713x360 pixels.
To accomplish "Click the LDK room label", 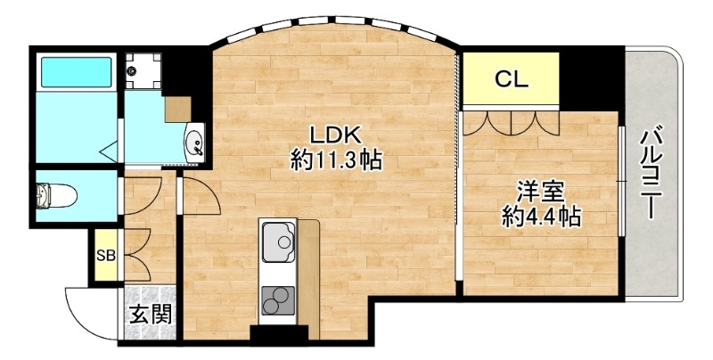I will tap(334, 135).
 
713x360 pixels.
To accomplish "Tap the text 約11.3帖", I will tap(336, 161).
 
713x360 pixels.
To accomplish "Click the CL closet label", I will tap(512, 78).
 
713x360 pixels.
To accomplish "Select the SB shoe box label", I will tap(106, 257).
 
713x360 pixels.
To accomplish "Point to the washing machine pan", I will tap(142, 69).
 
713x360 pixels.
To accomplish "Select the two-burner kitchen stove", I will tap(278, 302).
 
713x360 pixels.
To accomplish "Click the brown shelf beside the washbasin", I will tap(178, 107).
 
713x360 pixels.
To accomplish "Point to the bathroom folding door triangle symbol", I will tap(111, 151).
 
